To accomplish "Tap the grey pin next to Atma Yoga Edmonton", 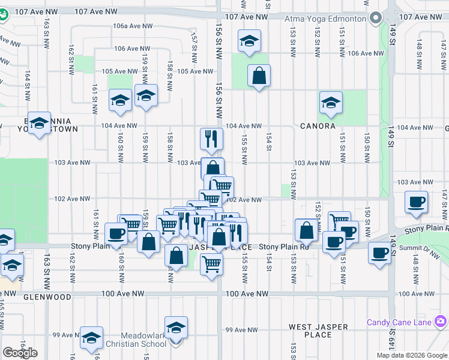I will (x=376, y=18).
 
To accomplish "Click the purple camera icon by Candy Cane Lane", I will (x=441, y=323).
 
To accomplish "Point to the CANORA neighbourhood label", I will (x=318, y=126).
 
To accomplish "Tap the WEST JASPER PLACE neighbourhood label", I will (x=318, y=331).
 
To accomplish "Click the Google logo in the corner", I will (x=20, y=353).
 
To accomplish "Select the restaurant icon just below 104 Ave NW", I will (x=211, y=139).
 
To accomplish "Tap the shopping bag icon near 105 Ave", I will (x=259, y=76).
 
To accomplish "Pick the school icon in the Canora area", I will (x=331, y=103).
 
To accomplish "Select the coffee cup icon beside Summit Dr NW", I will (x=379, y=253).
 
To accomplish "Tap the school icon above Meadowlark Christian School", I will (x=176, y=328).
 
